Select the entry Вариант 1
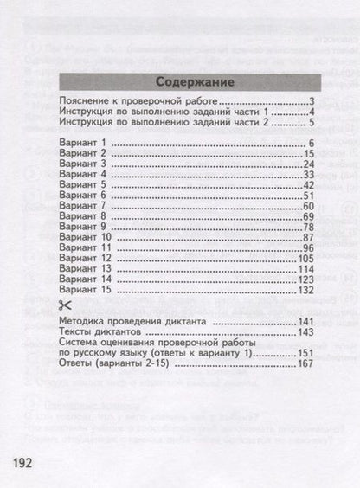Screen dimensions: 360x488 tap(82, 142)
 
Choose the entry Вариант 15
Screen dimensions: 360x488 tap(85, 290)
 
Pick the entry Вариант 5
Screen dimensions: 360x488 tap(82, 184)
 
